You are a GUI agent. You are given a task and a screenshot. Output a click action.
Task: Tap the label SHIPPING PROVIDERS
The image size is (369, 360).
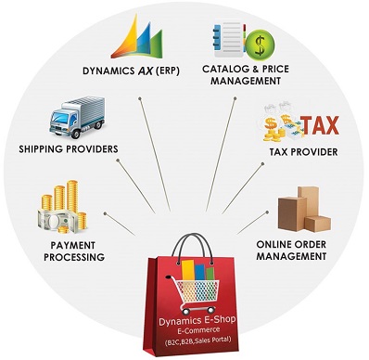tap(68, 148)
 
